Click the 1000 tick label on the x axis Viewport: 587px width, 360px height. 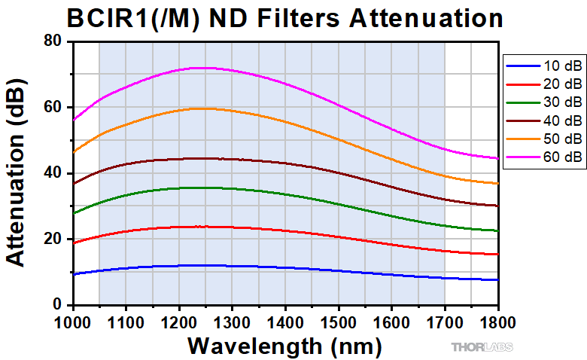[x=73, y=321]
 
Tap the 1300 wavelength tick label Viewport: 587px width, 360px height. [x=233, y=321]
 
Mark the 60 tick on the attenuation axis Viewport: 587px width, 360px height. [x=53, y=107]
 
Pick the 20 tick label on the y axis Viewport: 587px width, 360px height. [x=53, y=239]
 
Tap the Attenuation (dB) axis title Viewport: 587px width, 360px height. [x=17, y=172]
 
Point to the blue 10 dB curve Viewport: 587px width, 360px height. [x=301, y=267]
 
